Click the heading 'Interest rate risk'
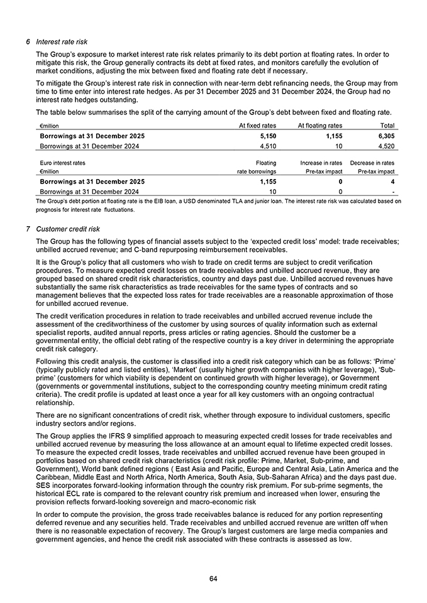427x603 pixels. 62,41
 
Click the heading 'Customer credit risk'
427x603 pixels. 69,229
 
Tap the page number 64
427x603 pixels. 213,579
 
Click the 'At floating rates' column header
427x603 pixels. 320,126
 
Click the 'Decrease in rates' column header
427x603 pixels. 372,163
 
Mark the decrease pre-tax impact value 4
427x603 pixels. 392,182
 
